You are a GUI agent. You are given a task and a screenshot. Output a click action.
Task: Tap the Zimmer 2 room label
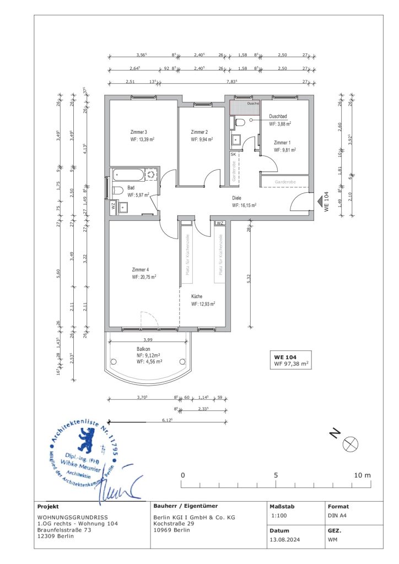[199, 132]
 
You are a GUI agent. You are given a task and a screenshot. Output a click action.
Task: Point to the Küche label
[197, 296]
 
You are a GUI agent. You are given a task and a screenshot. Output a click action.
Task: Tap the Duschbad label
[278, 116]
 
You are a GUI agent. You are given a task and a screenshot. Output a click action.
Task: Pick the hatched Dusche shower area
[245, 108]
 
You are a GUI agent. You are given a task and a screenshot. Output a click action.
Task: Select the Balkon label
[144, 349]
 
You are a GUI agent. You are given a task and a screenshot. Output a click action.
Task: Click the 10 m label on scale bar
[364, 475]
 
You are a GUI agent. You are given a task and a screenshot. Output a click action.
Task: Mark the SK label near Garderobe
[233, 155]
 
